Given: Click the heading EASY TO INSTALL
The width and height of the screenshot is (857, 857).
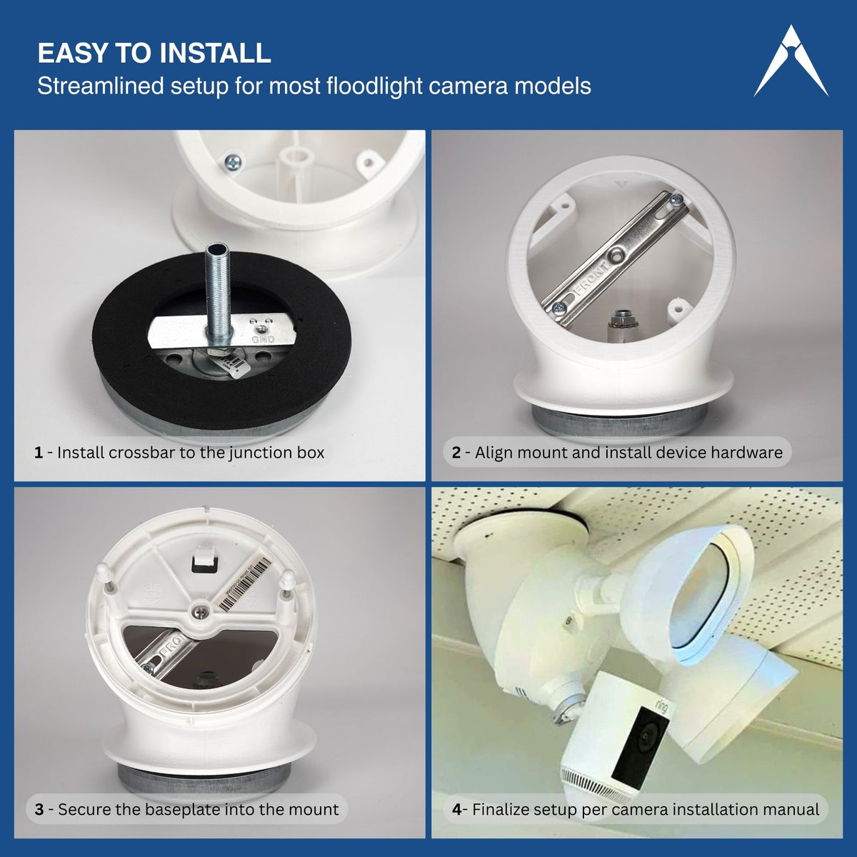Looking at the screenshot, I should (154, 54).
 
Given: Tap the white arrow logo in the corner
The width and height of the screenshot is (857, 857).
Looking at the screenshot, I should (791, 62).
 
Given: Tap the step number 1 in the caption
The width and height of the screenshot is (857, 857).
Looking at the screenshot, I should (38, 453).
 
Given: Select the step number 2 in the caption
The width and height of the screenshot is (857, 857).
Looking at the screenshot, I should (456, 453).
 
